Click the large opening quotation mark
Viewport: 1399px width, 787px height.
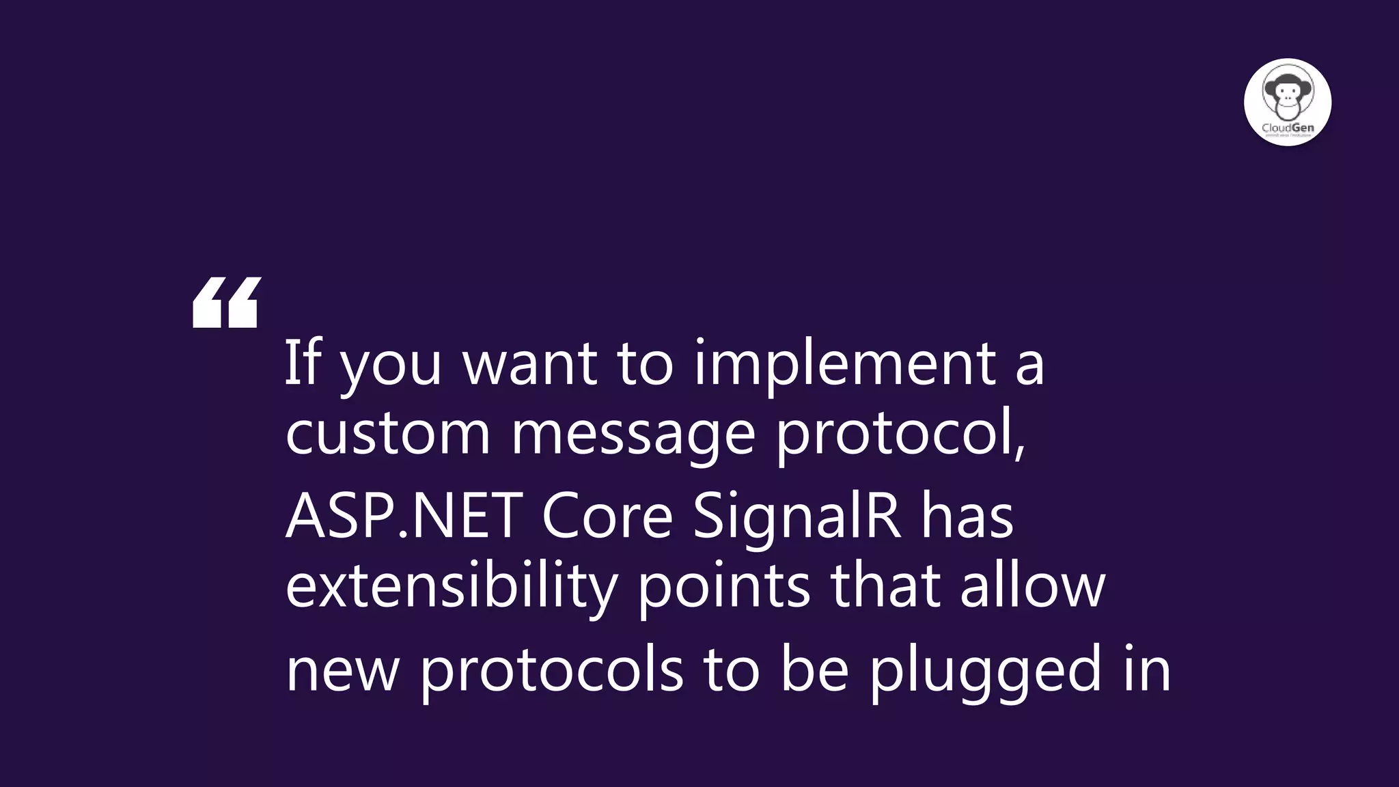click(226, 302)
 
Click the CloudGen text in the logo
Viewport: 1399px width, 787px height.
click(1288, 128)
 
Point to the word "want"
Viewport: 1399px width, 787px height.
click(530, 363)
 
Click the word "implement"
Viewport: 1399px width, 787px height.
click(844, 363)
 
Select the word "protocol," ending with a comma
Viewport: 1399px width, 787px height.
click(901, 434)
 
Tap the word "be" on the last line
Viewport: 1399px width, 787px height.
click(814, 669)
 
